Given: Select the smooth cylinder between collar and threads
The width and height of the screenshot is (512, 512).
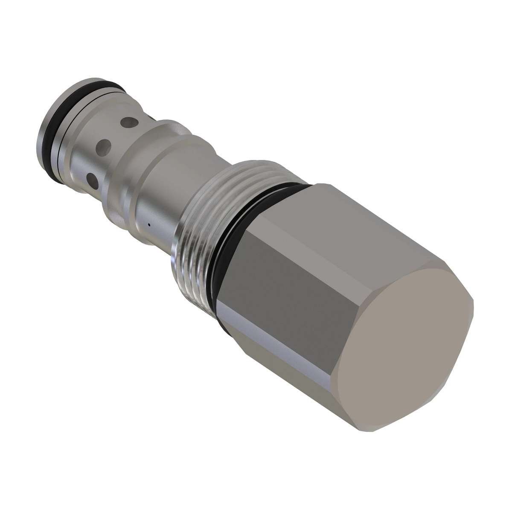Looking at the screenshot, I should tap(162, 188).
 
